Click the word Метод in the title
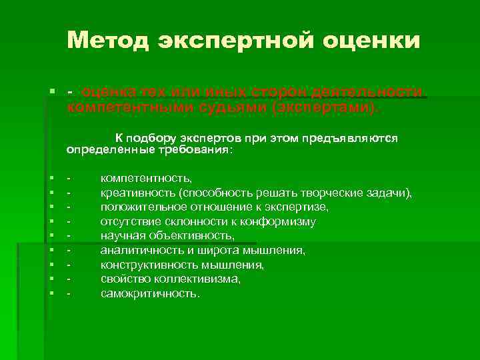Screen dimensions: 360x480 [109, 41]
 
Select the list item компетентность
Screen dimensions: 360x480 [146, 179]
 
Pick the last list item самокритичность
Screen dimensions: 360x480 [149, 293]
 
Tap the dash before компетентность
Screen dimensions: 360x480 [69, 179]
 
